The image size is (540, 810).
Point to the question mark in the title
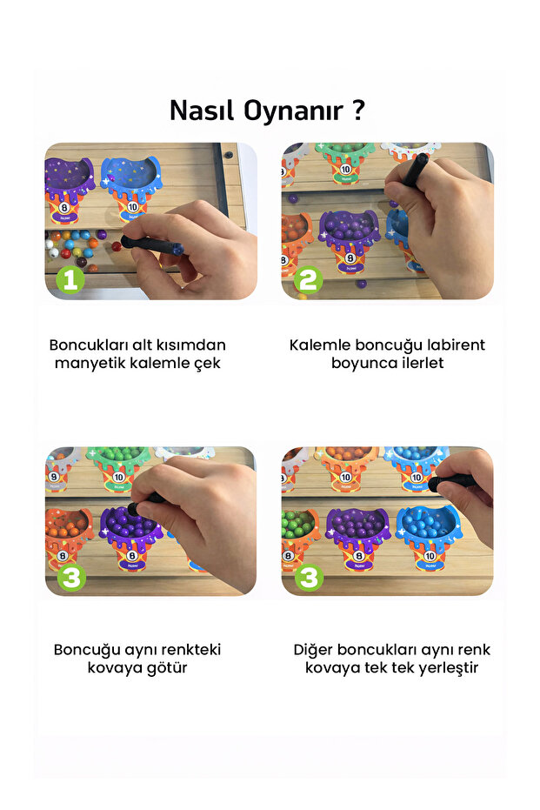tap(358, 111)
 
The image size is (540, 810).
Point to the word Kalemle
tap(318, 345)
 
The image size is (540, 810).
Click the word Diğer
tap(314, 649)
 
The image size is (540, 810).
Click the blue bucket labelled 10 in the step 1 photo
tap(130, 187)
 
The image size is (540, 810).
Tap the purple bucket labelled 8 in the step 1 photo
tap(66, 191)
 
